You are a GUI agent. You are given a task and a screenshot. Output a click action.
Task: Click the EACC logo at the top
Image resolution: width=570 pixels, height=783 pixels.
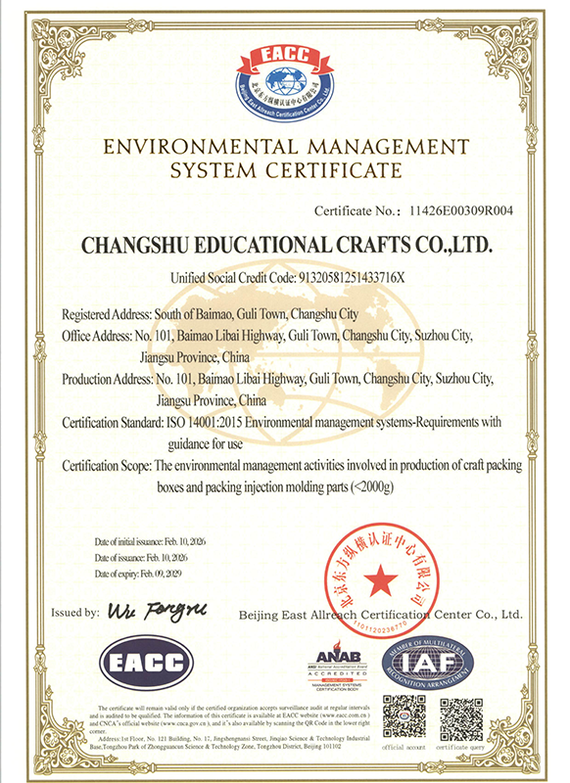click(x=284, y=71)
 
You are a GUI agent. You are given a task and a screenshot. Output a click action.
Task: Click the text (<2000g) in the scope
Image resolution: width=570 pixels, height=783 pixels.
click(x=377, y=486)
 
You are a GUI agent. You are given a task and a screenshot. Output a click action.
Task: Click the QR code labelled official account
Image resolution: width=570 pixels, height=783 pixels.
click(x=404, y=716)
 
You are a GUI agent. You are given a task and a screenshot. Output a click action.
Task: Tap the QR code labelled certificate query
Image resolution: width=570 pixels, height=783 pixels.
click(x=461, y=716)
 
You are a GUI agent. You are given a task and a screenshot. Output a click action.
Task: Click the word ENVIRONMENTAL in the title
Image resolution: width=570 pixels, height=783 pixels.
click(x=197, y=147)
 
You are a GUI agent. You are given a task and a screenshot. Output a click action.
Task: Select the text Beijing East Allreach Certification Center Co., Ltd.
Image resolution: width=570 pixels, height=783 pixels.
click(x=381, y=615)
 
